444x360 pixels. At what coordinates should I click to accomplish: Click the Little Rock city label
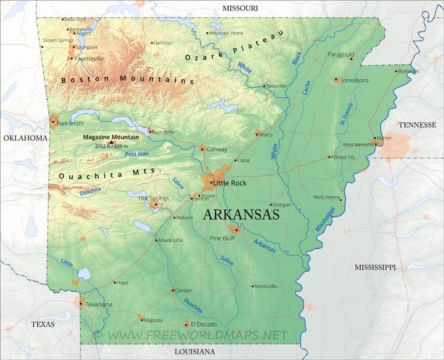coord(230,183)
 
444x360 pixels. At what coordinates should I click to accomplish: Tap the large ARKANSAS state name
coord(241,215)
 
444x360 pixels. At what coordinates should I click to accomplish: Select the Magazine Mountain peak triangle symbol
coord(110,142)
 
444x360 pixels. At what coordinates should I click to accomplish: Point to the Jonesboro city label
coord(355,80)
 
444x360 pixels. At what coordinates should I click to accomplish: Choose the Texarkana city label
coord(98,304)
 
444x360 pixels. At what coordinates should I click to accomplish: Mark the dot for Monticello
coord(253,287)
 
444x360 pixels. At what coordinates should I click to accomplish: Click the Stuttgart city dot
coord(271,204)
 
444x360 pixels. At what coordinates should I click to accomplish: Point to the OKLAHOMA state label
coord(24,138)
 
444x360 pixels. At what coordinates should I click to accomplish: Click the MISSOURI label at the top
coord(240,8)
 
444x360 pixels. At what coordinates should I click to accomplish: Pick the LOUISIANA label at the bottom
coord(194,352)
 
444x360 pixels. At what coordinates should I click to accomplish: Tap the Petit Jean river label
coord(137,154)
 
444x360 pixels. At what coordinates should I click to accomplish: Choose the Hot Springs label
coord(153,198)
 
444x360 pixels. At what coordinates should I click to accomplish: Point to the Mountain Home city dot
coord(208,33)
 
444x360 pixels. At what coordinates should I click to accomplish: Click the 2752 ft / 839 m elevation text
coord(113,147)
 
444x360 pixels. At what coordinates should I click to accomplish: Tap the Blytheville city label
coord(409,71)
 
